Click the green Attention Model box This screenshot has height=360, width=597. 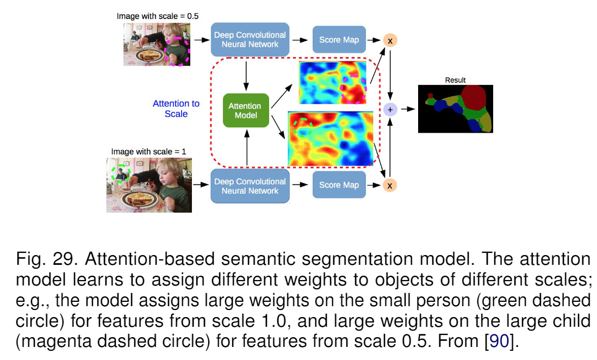tap(246, 110)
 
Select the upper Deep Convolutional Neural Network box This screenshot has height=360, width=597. tap(250, 40)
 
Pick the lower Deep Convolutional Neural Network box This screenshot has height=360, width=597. tap(250, 186)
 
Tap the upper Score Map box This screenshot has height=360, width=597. tap(339, 40)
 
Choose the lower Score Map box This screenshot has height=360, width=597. tap(339, 185)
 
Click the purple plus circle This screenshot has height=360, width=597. tap(390, 109)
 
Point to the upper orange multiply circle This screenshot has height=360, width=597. tap(390, 40)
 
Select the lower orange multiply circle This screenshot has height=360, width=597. tap(390, 185)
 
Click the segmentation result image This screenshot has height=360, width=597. tap(455, 109)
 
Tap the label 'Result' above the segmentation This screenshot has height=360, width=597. tap(455, 80)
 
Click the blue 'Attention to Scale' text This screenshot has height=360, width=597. tap(176, 109)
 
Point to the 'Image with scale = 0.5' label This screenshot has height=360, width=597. tap(157, 16)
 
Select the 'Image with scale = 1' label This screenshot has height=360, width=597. tap(148, 152)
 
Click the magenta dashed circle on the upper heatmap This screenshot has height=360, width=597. tap(354, 88)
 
